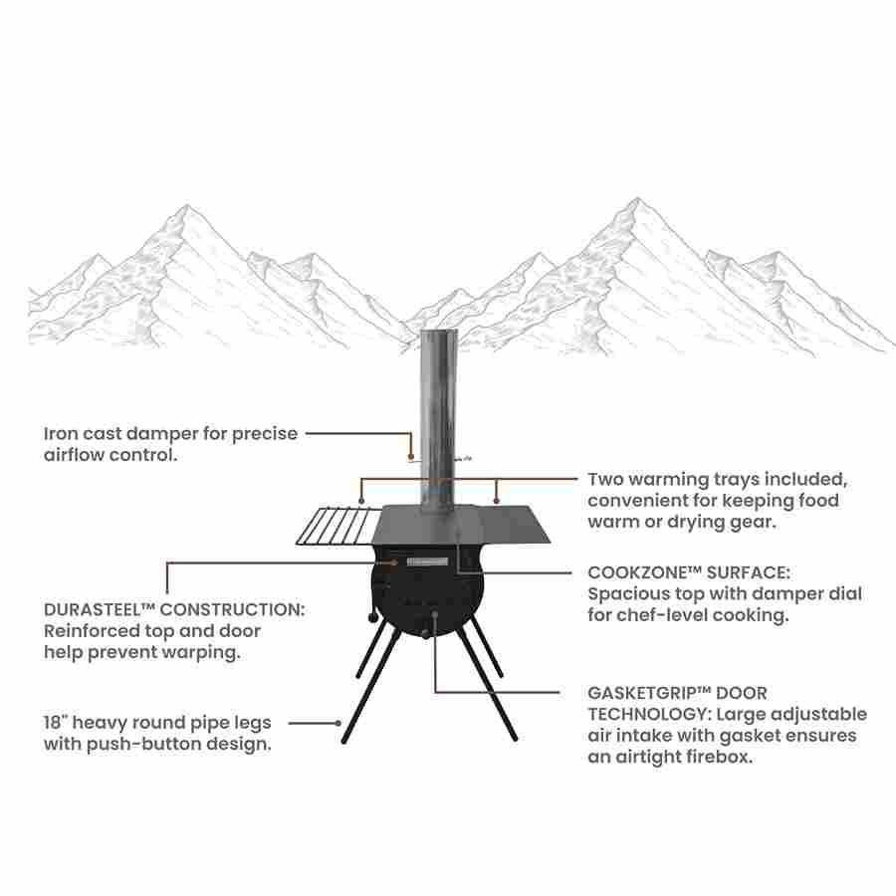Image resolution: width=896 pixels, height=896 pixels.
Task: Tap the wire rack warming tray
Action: [x=334, y=526]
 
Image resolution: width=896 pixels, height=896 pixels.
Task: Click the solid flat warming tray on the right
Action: [x=513, y=523]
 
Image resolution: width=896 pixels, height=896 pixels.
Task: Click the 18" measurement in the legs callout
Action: [x=58, y=723]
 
